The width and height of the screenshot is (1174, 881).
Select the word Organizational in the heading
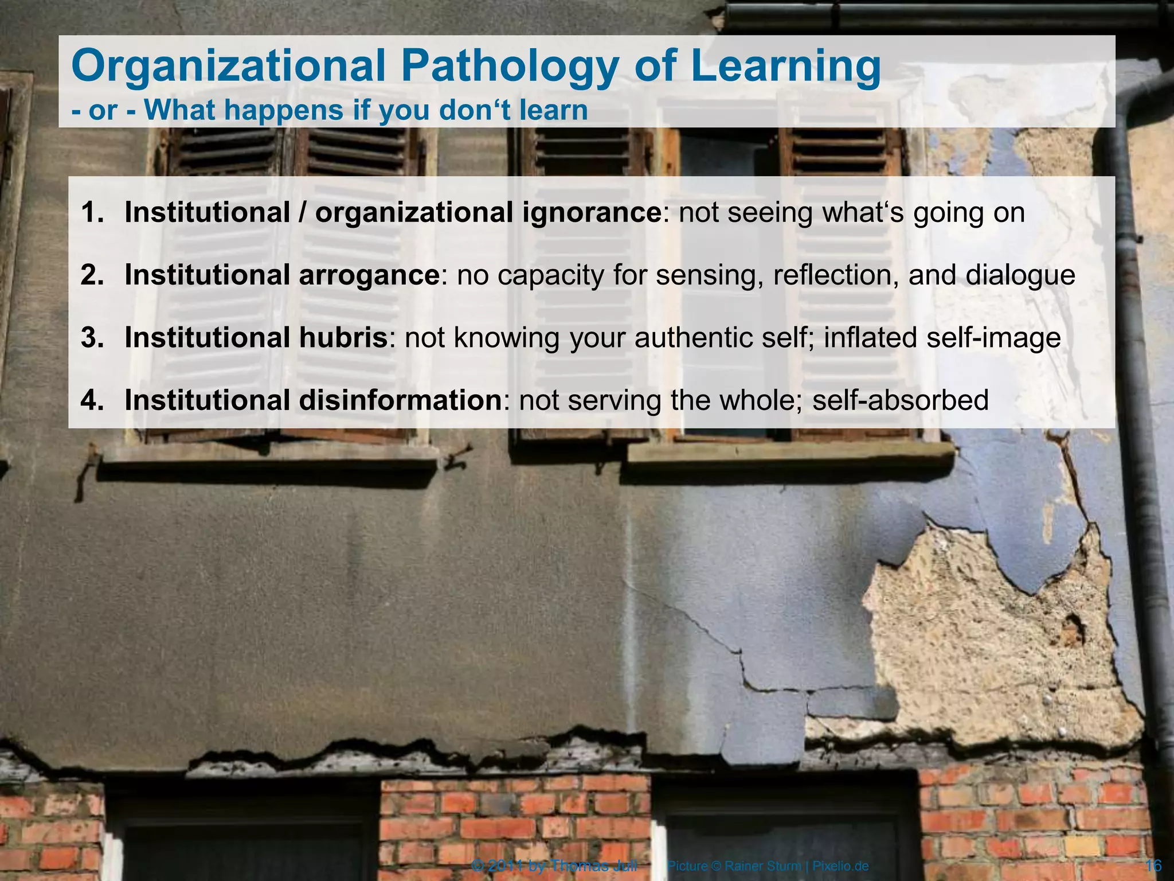tap(228, 66)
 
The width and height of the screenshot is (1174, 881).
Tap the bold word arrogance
tap(369, 275)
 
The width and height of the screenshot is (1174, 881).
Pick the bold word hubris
tap(343, 337)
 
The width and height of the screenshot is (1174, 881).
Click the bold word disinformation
tap(400, 400)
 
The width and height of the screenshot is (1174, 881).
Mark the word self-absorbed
tap(901, 400)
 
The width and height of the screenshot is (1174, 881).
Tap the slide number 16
tap(1153, 866)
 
